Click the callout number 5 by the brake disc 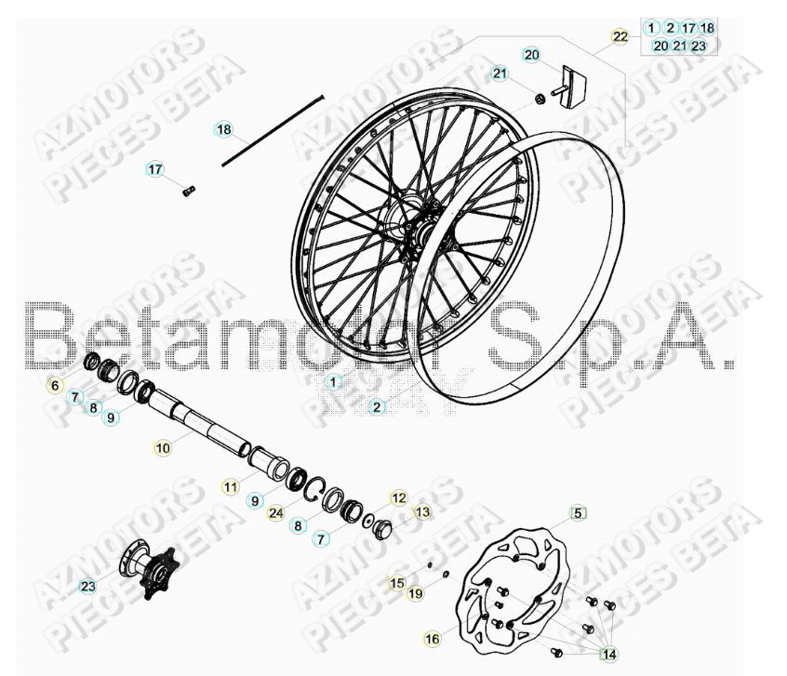coord(577,512)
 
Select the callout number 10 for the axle coord(163,447)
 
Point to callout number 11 coord(229,485)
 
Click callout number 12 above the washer coord(398,498)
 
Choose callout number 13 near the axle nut coord(422,511)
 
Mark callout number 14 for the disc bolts coord(608,653)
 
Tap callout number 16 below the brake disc coord(432,639)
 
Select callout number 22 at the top coord(620,36)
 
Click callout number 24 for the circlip coord(274,512)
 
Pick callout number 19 coord(415,592)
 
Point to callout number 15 coord(397,583)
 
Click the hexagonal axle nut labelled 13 coord(382,529)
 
